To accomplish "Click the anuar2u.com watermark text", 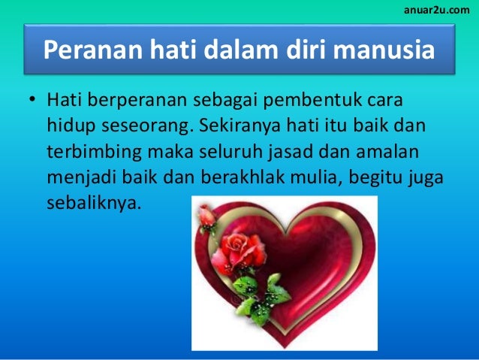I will [x=437, y=8].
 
